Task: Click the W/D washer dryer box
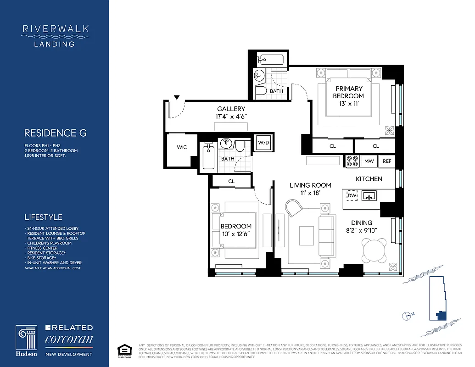[263, 142]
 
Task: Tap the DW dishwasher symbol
[352, 196]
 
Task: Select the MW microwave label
[369, 161]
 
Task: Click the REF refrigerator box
[387, 161]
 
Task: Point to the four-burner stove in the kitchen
[352, 161]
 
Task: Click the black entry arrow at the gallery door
[177, 97]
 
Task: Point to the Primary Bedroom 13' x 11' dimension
[349, 104]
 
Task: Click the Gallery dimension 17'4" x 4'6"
[231, 117]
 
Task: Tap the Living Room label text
[310, 185]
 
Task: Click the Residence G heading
[55, 133]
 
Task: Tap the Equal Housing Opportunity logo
[123, 349]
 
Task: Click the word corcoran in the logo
[69, 340]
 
